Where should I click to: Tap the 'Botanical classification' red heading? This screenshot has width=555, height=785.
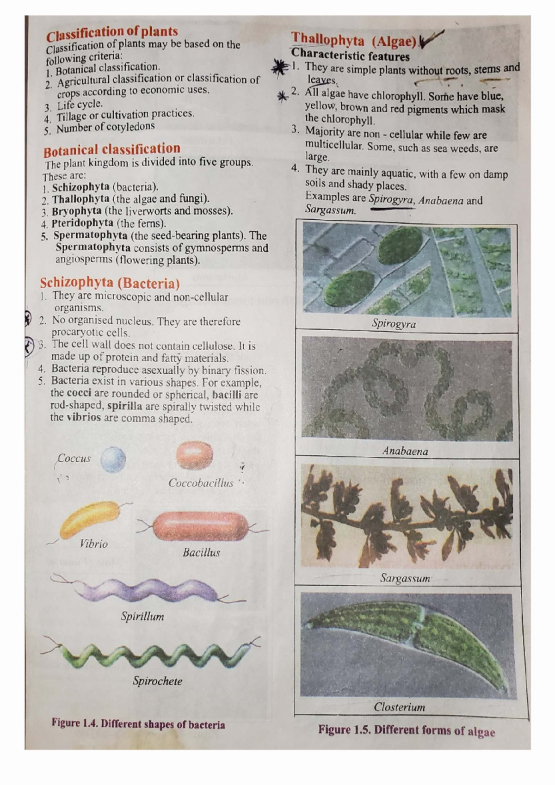coord(111,149)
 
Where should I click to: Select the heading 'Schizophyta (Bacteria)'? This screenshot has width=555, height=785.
coord(110,283)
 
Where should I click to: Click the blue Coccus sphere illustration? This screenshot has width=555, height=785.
coord(113,459)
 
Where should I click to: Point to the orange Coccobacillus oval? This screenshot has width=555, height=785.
coord(194,455)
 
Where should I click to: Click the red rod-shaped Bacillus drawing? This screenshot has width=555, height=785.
coord(200,526)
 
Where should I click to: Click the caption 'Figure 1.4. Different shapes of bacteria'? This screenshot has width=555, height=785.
coord(138,724)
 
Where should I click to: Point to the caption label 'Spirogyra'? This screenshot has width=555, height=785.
coord(394,324)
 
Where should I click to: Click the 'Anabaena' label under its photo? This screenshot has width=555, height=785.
coord(405,451)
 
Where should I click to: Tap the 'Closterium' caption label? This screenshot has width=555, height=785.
coord(399,707)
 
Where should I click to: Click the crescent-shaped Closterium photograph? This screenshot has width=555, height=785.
coord(407,644)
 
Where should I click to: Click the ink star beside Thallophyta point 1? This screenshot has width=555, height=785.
coord(280,68)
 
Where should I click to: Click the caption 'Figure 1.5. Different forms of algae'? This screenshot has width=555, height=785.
coord(406,730)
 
